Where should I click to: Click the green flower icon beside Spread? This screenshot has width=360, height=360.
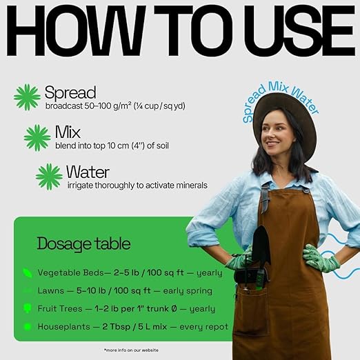27,97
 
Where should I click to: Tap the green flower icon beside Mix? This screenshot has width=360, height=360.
37,138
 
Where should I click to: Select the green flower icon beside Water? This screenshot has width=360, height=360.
49,177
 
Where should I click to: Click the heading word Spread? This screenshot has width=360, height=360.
70,92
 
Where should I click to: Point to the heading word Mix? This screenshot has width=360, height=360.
68,132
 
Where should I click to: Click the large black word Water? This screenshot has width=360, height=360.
88,172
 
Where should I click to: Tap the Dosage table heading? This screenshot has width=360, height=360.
83,243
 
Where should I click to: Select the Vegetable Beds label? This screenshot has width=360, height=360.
71,273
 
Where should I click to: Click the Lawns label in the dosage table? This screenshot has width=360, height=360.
51,291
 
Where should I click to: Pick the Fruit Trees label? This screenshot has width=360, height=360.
60,309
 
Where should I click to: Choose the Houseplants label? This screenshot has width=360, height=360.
63,327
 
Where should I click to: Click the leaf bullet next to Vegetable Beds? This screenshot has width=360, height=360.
28,273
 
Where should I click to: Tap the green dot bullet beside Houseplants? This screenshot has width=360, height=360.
28,327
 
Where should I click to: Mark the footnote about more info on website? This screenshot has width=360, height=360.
131,350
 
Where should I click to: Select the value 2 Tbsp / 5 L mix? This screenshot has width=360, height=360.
134,327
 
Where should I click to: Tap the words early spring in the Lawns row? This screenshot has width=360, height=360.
188,291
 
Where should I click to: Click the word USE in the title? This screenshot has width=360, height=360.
299,30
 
